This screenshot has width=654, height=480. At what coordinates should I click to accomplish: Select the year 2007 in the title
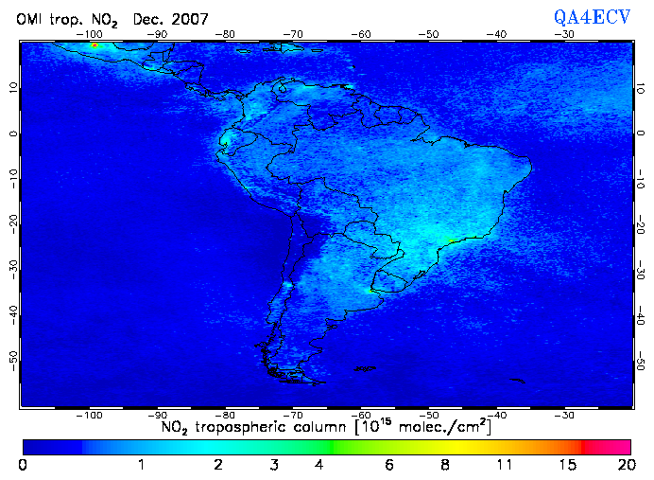[x=188, y=19]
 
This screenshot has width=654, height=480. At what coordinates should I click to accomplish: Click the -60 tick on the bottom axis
[x=362, y=415]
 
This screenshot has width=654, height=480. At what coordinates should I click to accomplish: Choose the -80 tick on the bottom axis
[x=227, y=415]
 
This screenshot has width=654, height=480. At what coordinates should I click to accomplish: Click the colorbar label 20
[x=623, y=465]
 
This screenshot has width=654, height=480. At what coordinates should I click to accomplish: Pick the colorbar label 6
[x=389, y=465]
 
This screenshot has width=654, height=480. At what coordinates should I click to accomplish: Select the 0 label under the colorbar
[x=23, y=465]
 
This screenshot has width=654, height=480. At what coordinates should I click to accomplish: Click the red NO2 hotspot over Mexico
[x=95, y=45]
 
